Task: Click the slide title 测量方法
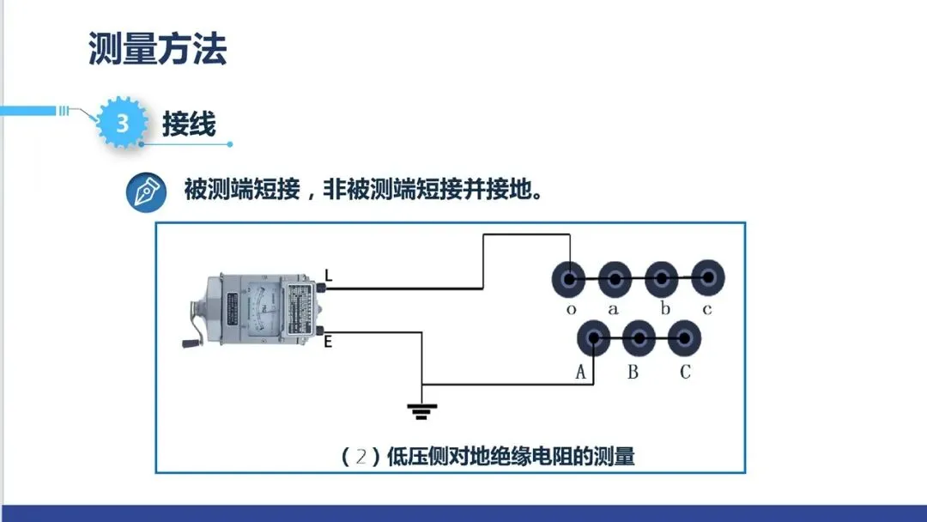157,49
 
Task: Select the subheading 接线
189,124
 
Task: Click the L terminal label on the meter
328,275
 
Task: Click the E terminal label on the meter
328,342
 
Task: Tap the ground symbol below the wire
421,411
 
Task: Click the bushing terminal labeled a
615,279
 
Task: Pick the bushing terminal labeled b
662,279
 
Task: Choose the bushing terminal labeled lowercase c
707,279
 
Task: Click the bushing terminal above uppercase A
593,338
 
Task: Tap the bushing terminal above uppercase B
639,338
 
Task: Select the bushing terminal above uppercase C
684,338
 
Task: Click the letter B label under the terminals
633,373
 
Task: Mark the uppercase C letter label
685,373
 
